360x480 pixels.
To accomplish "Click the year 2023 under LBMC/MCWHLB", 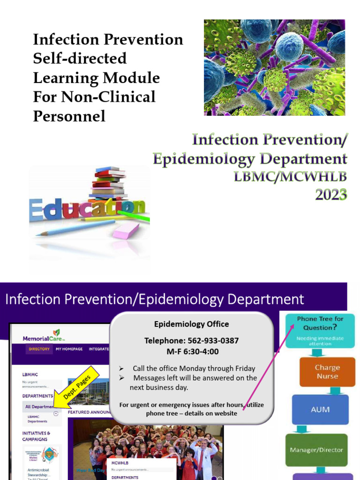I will coord(331,193).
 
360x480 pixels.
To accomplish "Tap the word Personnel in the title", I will coord(69,116).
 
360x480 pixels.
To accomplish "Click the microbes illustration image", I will coord(274,67).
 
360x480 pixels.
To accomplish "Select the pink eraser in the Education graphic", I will coord(126,231).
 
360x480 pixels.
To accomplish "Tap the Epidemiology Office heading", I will coord(191,324).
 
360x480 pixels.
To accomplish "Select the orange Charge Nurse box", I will coord(327,372).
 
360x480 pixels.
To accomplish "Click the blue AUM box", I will coord(320,409).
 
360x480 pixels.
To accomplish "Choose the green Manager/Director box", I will coord(316,450).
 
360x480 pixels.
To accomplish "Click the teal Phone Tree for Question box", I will coord(320,330).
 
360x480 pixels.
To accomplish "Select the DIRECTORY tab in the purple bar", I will coord(39,349).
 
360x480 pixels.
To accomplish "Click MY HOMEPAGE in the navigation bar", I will coord(69,349).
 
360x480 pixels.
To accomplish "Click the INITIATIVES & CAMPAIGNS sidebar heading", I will coord(36,436).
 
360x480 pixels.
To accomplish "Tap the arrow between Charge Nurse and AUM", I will coord(335,390).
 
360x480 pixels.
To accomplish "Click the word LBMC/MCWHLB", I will coord(291,178).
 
